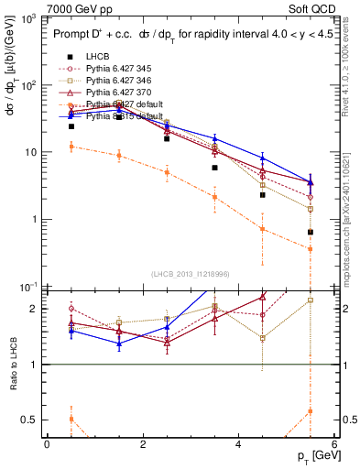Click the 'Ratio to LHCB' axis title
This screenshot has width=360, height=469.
12,365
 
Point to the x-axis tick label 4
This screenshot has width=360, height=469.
238,444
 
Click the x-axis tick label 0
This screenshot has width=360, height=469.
47,444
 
